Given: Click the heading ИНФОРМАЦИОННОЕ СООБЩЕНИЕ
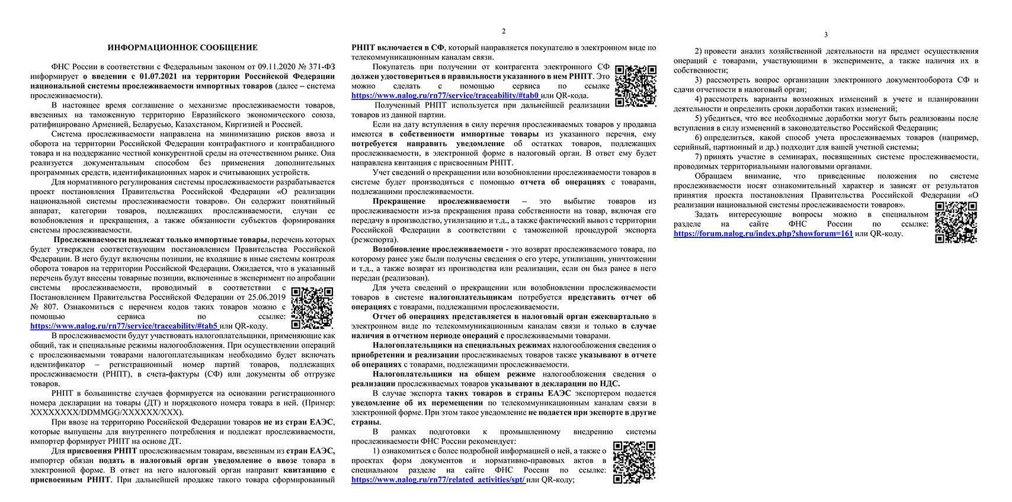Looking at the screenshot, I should [x=182, y=47].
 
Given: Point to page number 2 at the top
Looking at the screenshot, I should [x=504, y=31].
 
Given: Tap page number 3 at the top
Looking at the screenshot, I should [x=826, y=35].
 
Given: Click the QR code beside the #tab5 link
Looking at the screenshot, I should [x=312, y=307].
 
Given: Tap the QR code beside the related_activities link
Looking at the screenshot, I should [x=635, y=462].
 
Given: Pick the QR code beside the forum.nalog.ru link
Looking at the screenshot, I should [x=956, y=222].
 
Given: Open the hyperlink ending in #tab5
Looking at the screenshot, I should [x=124, y=326].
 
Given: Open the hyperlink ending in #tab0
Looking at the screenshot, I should [x=445, y=95].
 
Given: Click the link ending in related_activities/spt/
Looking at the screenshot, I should [x=438, y=480].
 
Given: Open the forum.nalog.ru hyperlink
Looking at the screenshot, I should [x=763, y=233].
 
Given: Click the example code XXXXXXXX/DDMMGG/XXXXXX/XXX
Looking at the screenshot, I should [x=107, y=412].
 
